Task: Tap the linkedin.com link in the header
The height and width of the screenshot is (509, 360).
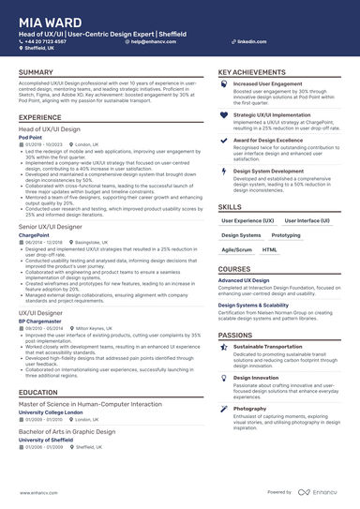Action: click(x=246, y=42)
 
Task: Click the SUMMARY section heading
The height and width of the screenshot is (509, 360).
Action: click(x=36, y=72)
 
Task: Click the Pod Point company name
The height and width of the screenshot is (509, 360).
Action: click(x=30, y=136)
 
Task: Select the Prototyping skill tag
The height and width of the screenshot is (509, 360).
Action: click(x=286, y=235)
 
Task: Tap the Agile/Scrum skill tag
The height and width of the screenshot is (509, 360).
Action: click(x=236, y=250)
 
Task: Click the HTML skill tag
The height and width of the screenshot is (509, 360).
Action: click(x=270, y=250)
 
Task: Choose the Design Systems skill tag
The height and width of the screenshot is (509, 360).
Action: click(x=241, y=235)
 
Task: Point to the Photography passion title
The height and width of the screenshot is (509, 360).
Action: click(x=249, y=409)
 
